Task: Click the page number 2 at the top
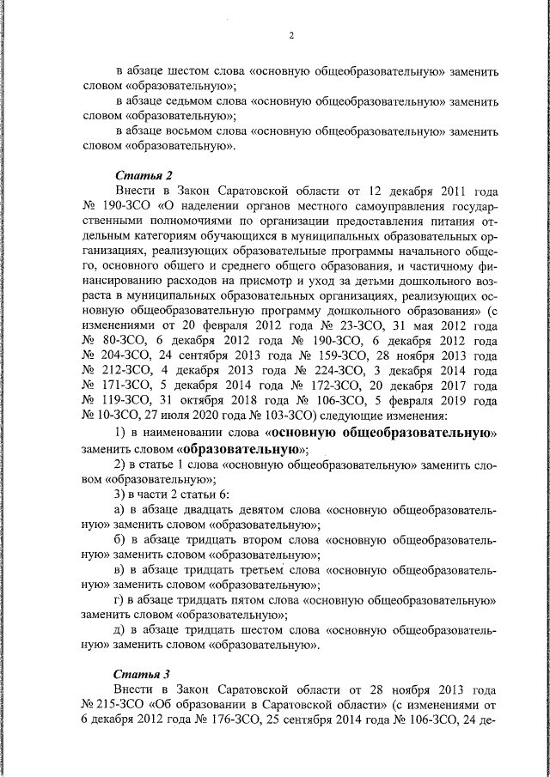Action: click(291, 35)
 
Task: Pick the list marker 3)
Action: click(121, 496)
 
